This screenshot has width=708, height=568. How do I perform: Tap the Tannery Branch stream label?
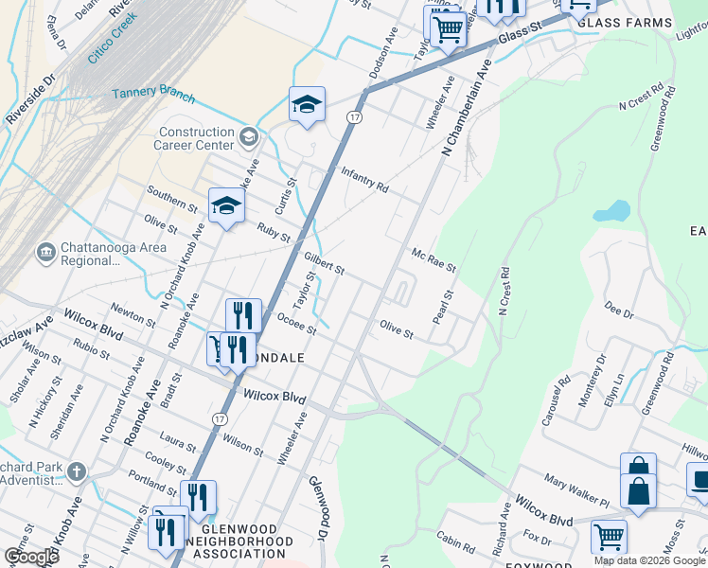[153, 95]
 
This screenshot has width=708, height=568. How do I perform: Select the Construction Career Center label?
[197, 139]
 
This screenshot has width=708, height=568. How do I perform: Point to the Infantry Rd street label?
[364, 180]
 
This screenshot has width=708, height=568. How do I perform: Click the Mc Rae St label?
[434, 260]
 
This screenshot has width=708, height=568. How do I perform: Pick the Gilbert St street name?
[324, 263]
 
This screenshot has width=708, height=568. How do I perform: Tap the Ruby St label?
[273, 232]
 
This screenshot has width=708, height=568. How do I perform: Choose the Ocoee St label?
[295, 323]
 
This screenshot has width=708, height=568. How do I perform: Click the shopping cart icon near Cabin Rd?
[609, 537]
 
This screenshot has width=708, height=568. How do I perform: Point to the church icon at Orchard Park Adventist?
[77, 470]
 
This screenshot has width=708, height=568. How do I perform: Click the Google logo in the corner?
[30, 556]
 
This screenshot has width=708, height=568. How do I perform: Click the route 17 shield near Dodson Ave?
[353, 116]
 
